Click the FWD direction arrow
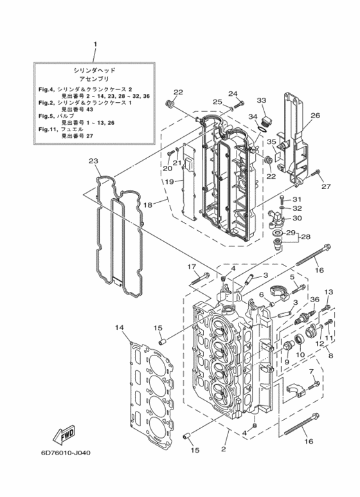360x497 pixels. (65, 433)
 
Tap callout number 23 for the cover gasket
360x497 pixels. (93, 161)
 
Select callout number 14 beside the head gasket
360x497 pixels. (119, 327)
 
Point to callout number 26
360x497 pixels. (315, 115)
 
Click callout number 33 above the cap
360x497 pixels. (262, 100)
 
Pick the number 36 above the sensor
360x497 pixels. (315, 299)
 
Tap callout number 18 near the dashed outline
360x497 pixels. (148, 204)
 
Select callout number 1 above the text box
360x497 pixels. (95, 44)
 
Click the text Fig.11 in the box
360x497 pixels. (47, 129)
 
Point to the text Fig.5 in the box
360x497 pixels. (46, 116)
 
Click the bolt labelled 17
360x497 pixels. (200, 278)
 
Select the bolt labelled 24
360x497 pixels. (239, 104)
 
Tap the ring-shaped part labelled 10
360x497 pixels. (300, 340)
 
